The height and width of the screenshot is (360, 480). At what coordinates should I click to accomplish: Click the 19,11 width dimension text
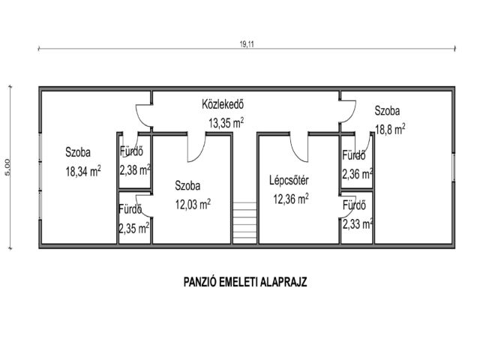point(247,44)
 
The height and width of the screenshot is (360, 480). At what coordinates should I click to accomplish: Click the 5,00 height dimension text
point(7,167)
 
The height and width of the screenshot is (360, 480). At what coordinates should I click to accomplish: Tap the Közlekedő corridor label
point(223,104)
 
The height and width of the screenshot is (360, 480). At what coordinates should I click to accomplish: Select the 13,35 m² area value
point(226,123)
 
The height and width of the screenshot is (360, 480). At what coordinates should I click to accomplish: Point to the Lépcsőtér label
point(289,180)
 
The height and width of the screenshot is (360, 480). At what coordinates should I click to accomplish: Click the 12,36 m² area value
point(291,199)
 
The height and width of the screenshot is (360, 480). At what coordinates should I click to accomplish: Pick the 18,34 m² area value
point(83,171)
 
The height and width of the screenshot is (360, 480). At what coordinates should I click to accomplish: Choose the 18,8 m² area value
point(390,129)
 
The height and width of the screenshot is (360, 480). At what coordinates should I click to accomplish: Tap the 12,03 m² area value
point(193,204)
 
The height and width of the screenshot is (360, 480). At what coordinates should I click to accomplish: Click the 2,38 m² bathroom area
point(135,170)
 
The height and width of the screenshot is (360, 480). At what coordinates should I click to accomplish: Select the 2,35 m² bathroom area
point(134,228)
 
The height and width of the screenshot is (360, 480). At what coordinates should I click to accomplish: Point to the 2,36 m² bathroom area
point(357,174)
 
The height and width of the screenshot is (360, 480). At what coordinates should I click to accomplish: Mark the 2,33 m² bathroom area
point(358,224)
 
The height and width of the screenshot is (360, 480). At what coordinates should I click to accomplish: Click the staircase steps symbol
point(244,223)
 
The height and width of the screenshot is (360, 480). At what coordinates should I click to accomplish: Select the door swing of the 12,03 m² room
point(200,153)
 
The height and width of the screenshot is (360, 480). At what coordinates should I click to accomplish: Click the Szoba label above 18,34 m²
point(78,152)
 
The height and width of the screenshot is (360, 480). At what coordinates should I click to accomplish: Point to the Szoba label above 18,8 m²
point(387,110)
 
